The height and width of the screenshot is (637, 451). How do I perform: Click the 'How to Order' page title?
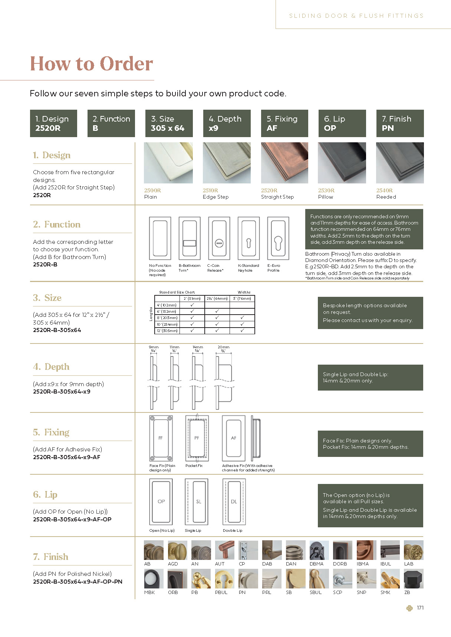point(91,64)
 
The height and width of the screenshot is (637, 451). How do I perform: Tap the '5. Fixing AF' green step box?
point(284,123)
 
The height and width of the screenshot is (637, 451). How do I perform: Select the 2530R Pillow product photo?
point(342,163)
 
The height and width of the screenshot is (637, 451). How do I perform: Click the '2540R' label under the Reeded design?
point(384,190)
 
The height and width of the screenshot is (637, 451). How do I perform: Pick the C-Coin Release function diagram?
point(219,239)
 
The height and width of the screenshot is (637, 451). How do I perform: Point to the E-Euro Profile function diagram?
point(278,239)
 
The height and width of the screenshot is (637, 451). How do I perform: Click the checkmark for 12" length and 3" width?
point(242,331)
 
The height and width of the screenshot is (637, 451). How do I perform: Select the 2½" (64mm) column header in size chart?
point(217,298)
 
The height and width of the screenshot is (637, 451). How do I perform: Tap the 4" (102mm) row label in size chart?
point(167,305)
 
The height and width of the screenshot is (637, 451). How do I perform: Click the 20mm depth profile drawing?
point(224,378)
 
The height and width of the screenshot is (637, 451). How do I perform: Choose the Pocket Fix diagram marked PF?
point(197,438)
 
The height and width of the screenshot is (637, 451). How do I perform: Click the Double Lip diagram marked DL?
point(234,501)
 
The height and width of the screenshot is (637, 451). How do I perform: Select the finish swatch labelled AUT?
point(224,550)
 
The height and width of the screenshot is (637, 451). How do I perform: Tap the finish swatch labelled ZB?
point(413,578)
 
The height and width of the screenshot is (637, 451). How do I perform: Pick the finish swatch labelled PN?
point(248,578)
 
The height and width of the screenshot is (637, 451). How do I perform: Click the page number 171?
point(420,608)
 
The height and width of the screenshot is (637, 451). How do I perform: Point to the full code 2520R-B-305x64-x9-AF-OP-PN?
point(78,581)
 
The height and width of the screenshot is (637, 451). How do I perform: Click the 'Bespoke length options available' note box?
point(370,313)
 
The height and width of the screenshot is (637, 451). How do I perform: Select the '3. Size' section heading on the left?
point(47,298)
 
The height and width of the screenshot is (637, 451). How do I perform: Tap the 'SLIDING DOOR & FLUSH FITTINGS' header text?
point(356,16)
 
